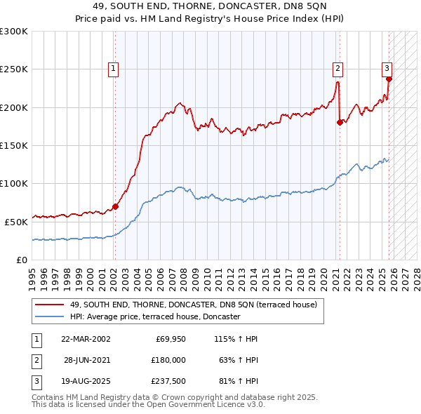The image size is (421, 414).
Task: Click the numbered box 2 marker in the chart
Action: click(x=338, y=68)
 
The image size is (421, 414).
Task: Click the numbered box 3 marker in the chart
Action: click(x=387, y=68)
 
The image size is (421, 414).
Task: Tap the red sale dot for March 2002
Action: click(x=115, y=206)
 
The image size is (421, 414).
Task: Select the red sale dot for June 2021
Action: click(x=340, y=122)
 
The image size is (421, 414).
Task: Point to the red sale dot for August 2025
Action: click(x=389, y=79)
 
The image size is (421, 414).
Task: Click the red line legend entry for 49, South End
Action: click(x=194, y=305)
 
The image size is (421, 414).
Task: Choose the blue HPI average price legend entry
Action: click(x=154, y=316)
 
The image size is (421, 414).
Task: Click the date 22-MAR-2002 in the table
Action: click(x=86, y=339)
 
